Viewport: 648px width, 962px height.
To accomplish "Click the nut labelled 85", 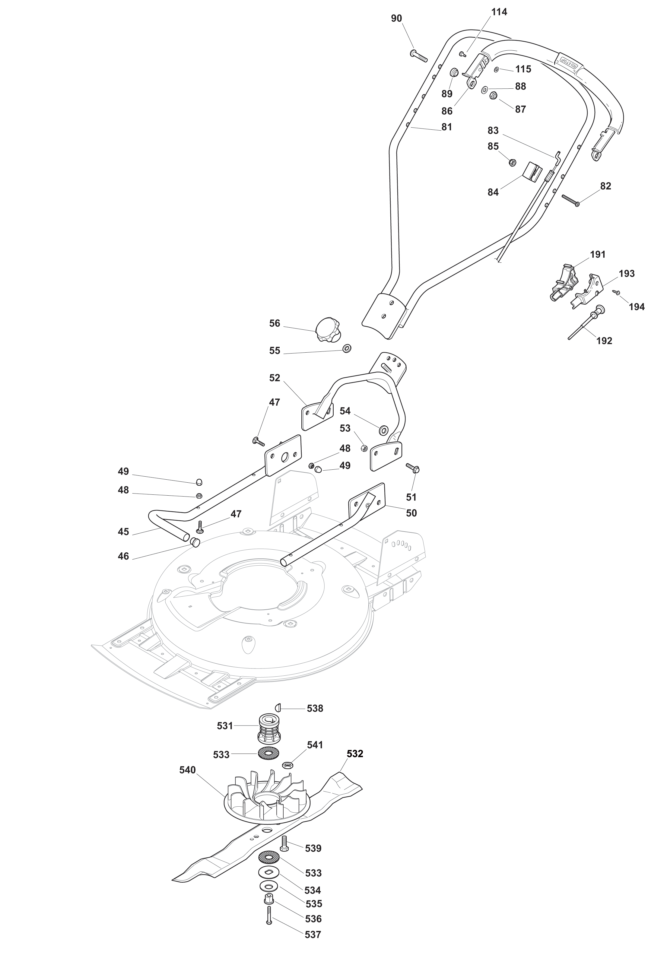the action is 512,162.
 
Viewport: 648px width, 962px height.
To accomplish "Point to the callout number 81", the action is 447,127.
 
